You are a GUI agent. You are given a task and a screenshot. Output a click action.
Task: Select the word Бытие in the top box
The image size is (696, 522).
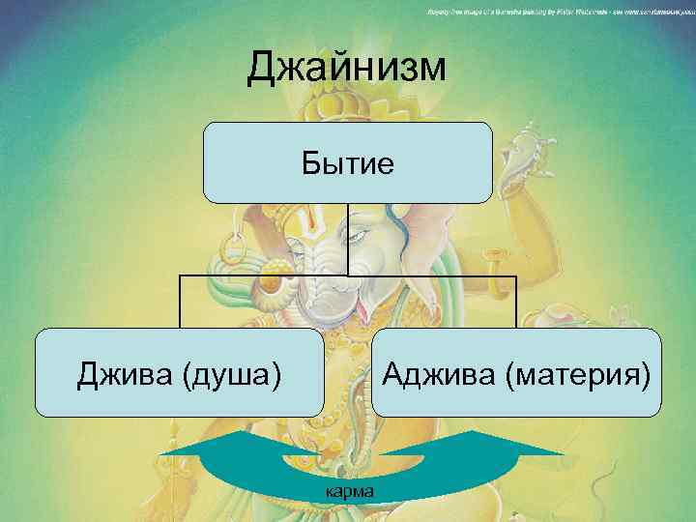coord(347,163)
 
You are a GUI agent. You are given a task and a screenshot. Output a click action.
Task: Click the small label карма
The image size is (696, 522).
coord(350,491)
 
